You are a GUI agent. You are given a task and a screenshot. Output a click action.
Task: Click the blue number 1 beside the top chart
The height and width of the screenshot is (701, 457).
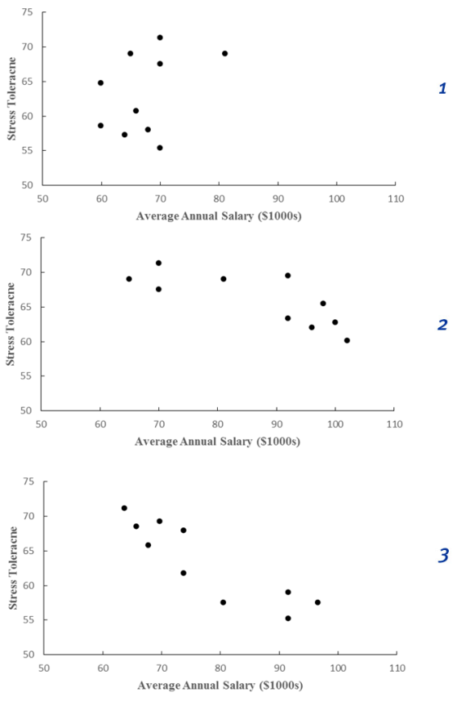tap(442, 88)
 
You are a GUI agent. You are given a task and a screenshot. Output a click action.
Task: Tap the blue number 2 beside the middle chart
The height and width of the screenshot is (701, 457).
tap(442, 325)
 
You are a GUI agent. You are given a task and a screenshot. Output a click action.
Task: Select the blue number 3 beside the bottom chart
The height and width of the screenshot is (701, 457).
tap(442, 556)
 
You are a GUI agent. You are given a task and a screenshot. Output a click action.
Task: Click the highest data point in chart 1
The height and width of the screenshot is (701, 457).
tap(160, 38)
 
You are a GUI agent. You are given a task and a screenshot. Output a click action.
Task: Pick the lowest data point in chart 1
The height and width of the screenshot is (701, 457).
tap(160, 148)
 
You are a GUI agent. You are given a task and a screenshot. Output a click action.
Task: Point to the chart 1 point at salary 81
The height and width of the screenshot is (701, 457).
tap(225, 54)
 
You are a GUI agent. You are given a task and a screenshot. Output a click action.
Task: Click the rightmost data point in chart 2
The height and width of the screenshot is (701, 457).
tap(347, 340)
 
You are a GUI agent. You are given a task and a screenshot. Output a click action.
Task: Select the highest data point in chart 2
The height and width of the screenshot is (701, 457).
tap(158, 264)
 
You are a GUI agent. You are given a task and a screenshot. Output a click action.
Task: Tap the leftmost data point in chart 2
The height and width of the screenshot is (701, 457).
tap(129, 279)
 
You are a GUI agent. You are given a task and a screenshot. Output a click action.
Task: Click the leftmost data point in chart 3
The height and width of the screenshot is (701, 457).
tap(124, 508)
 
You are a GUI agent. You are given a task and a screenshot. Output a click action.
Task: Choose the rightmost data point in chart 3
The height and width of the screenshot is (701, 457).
tap(317, 602)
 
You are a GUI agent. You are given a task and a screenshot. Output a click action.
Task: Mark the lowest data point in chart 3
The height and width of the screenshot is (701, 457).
tap(288, 619)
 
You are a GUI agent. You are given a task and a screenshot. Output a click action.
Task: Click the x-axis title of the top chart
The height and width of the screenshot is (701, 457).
tap(219, 216)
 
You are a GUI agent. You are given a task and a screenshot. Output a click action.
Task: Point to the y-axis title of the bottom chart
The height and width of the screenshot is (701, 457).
tap(13, 568)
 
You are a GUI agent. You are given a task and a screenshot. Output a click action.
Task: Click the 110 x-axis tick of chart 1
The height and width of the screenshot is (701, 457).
tap(396, 199)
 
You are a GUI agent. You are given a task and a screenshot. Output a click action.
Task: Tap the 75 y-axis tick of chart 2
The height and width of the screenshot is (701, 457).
tap(28, 237)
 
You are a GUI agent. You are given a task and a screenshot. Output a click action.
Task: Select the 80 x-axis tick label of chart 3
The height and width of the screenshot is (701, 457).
tap(220, 668)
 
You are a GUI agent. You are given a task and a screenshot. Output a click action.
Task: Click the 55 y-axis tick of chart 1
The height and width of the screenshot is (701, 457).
tap(29, 151)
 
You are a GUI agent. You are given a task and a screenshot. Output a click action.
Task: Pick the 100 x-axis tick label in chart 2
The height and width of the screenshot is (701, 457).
tap(335, 424)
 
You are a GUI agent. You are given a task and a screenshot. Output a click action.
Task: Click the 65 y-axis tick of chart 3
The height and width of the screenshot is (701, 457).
tap(30, 551)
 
